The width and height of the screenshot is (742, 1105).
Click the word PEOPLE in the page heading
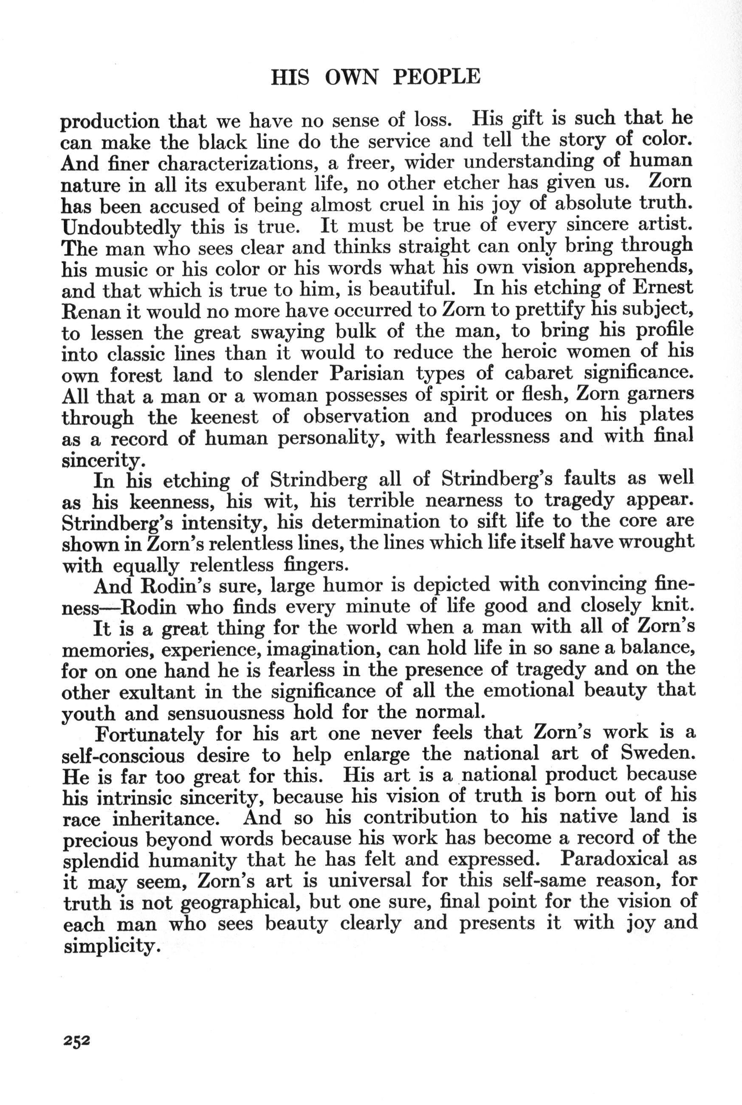pyautogui.click(x=437, y=76)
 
